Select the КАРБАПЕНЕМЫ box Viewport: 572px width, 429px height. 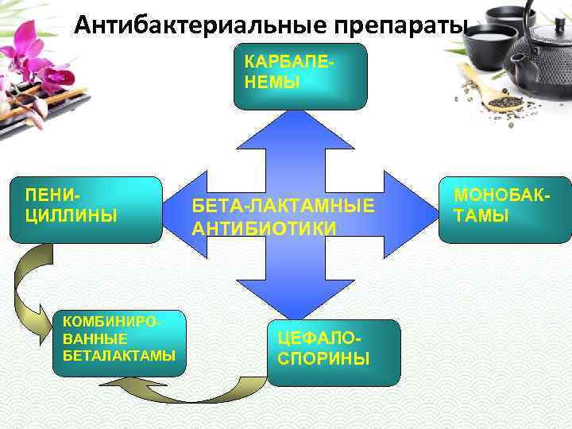(x=300, y=75)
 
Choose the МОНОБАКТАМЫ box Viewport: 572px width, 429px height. (x=500, y=207)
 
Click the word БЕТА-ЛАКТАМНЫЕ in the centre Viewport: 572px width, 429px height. (x=283, y=207)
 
